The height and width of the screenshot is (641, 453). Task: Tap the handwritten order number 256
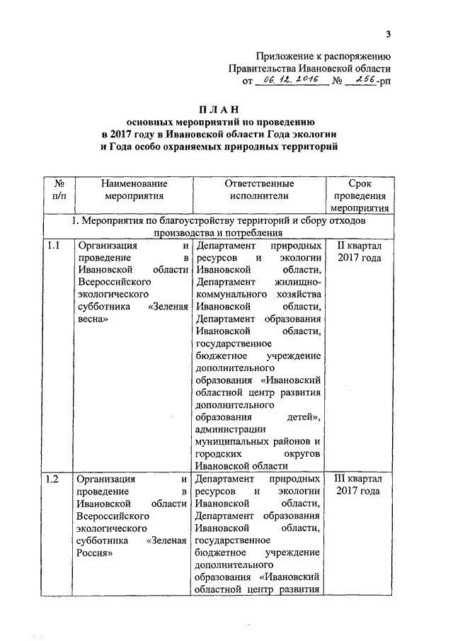(362, 82)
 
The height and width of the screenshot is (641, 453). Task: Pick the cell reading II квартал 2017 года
(358, 251)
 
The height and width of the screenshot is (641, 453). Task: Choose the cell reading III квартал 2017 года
(358, 485)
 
